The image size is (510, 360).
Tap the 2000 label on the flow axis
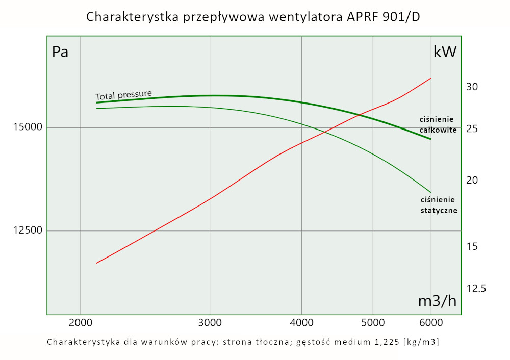(x=81, y=322)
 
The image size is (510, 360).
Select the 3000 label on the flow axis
(x=210, y=322)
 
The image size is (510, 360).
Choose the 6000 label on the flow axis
(x=431, y=322)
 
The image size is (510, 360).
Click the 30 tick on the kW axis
(x=472, y=87)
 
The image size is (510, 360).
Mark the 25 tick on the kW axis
(x=472, y=129)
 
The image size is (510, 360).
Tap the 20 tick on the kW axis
(x=472, y=181)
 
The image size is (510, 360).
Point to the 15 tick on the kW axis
(x=472, y=247)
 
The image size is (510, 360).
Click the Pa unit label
(x=60, y=52)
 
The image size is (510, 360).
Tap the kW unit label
(x=445, y=52)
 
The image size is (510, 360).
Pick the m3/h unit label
(x=437, y=301)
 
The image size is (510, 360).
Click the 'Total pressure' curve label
(x=124, y=95)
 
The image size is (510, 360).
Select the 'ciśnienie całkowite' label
(x=438, y=124)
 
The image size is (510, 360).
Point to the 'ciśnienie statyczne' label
(x=438, y=204)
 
